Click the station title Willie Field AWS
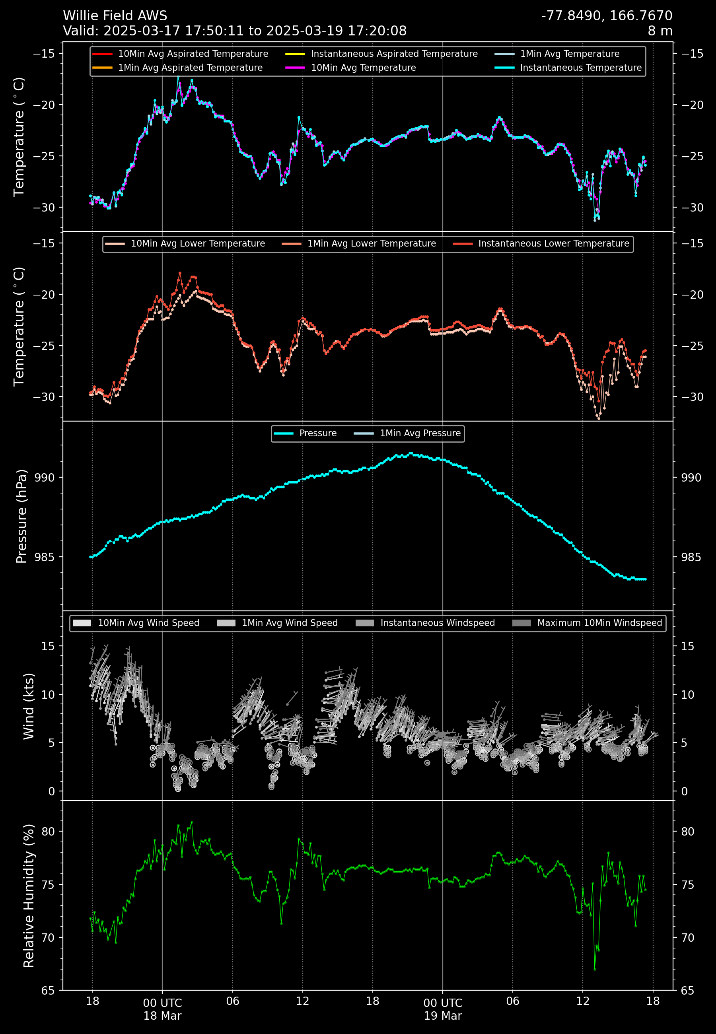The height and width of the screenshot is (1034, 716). (x=115, y=16)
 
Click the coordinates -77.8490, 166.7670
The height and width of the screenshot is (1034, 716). (x=607, y=16)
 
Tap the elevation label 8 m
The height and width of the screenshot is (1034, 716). (x=660, y=31)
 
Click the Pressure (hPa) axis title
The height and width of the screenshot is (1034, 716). (x=21, y=516)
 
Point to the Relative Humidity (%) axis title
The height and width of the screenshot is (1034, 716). (x=29, y=896)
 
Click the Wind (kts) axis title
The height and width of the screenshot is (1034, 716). (x=29, y=706)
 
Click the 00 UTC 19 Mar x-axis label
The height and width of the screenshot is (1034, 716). (x=442, y=1009)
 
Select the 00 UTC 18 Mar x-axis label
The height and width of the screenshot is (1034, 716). (x=162, y=1009)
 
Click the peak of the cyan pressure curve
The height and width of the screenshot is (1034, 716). (x=410, y=453)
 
